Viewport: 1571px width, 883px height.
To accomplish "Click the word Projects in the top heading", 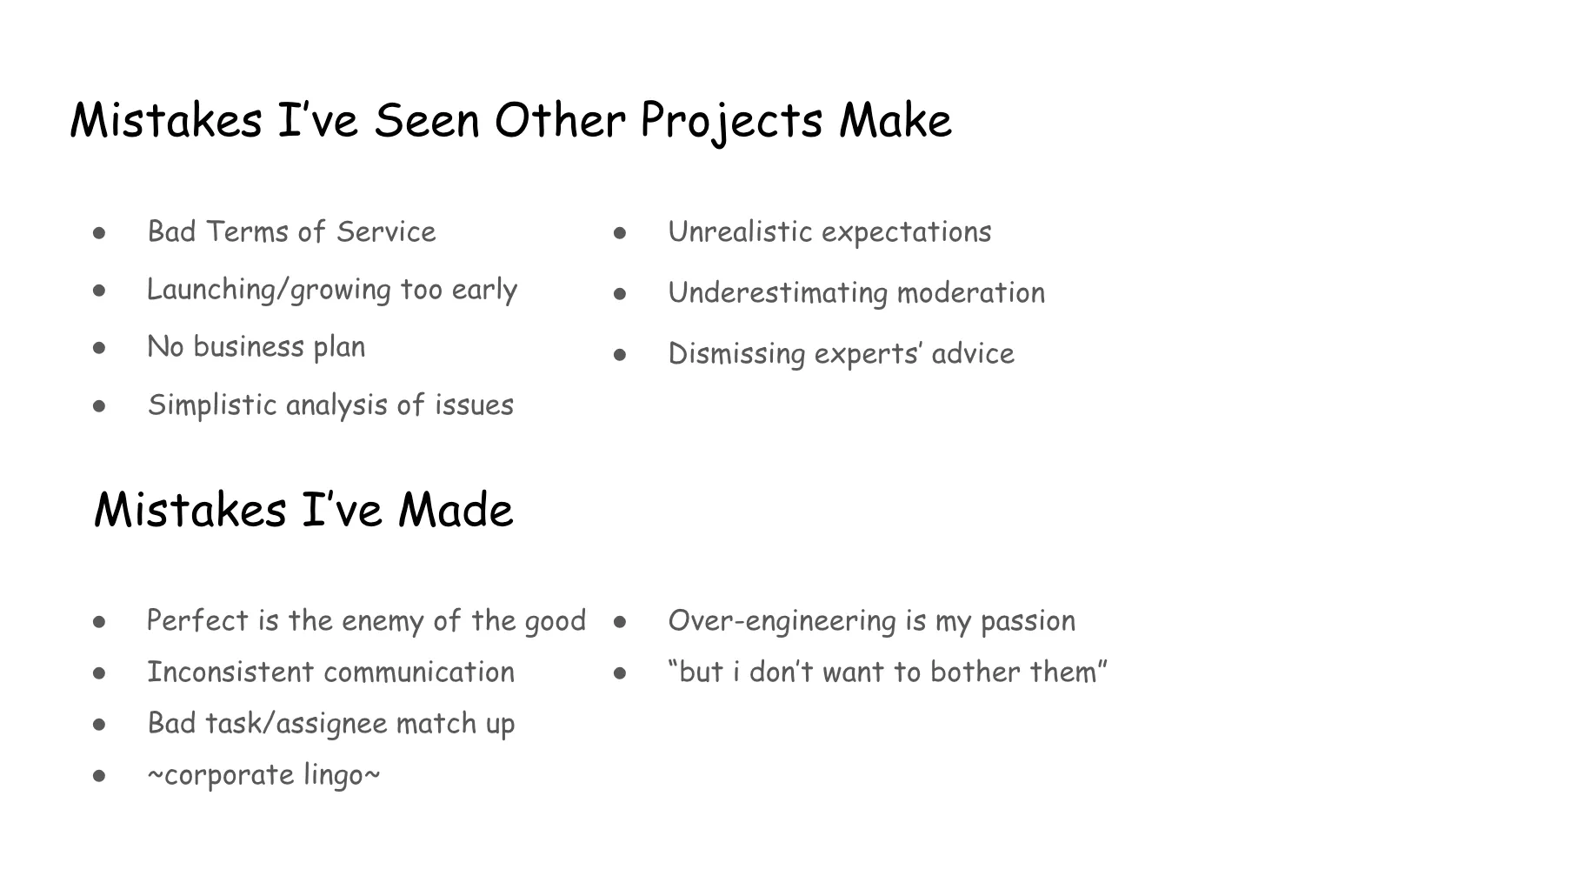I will tap(731, 121).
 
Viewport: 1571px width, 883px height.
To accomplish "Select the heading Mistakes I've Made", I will tap(303, 510).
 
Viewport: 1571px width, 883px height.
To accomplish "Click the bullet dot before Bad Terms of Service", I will tap(100, 233).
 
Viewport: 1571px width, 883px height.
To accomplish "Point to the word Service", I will tap(386, 232).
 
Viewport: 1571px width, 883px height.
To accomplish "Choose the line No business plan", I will tap(256, 347).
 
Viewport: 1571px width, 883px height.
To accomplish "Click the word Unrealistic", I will tap(739, 232).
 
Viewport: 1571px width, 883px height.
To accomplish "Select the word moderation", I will tap(970, 293).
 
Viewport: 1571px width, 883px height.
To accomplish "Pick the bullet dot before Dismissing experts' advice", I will tap(620, 355).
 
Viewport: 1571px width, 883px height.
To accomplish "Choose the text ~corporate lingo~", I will tap(263, 775).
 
